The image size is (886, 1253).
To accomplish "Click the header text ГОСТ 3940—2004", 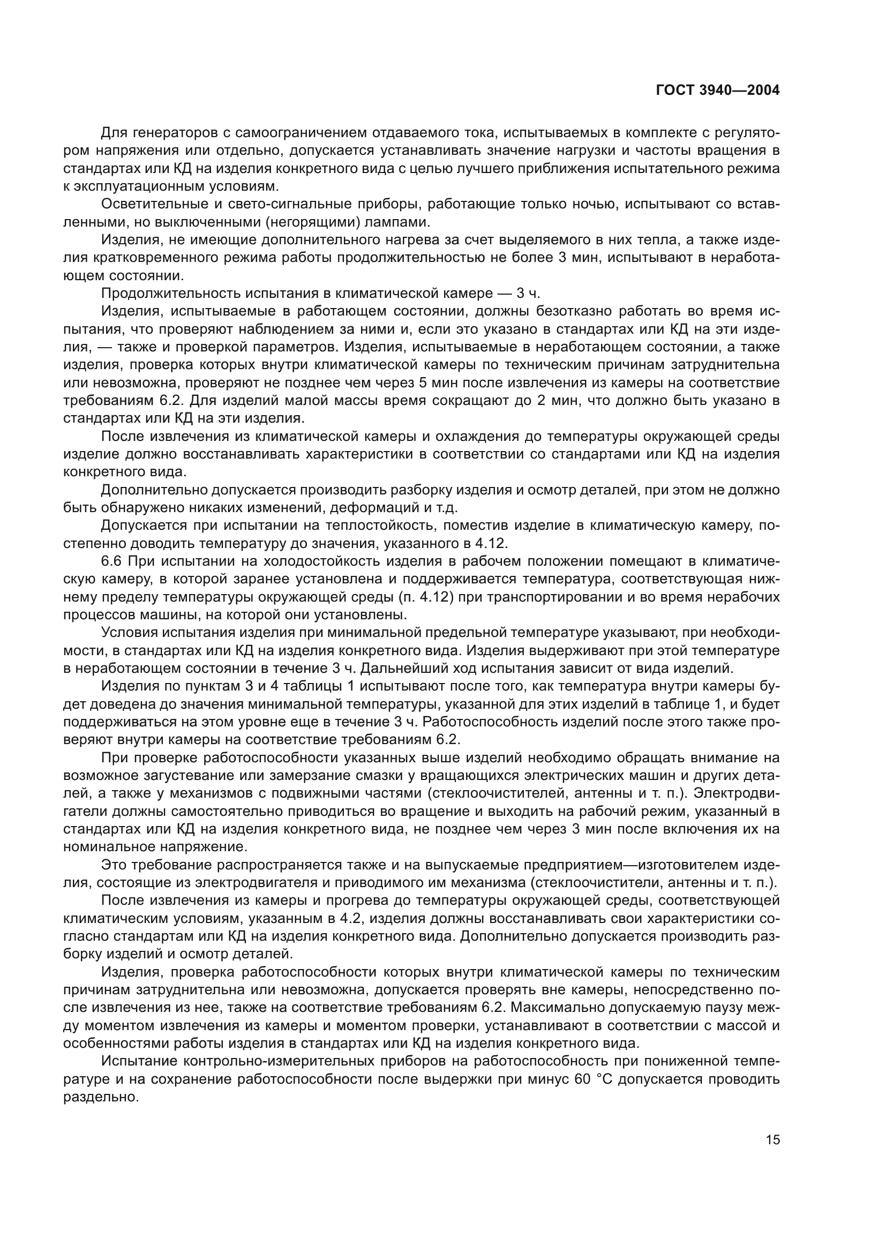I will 717,91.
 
